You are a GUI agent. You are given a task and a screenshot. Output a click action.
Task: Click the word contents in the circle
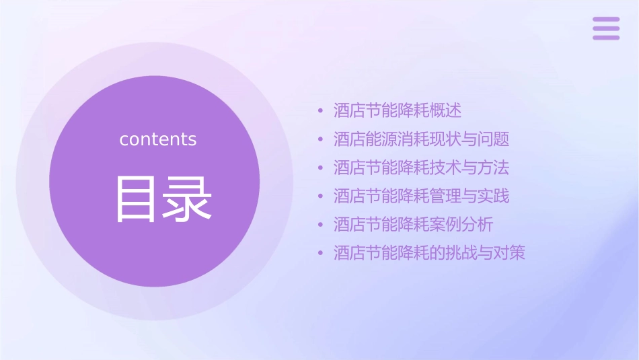point(158,139)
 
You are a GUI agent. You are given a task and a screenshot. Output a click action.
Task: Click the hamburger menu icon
point(606,28)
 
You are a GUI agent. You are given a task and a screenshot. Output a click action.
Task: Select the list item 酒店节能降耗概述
point(398,110)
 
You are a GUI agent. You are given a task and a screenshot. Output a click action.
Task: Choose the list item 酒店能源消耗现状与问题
point(421,139)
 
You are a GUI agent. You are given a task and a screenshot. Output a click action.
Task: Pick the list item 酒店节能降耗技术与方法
point(421,168)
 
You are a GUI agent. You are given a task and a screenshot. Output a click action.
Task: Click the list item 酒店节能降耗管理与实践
point(421,196)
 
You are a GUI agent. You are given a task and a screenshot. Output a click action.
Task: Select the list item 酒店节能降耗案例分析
point(414,224)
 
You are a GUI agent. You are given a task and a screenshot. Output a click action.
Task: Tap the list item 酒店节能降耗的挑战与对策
point(429,253)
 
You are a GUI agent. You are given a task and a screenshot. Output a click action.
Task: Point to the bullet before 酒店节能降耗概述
point(321,111)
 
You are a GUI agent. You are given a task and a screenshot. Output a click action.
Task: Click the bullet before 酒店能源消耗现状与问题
point(321,140)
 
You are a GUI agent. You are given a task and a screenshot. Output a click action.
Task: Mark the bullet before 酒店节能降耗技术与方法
point(321,168)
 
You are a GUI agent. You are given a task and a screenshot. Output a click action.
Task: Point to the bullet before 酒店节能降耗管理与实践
point(321,196)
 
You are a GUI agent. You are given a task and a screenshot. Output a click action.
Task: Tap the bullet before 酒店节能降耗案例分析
point(321,225)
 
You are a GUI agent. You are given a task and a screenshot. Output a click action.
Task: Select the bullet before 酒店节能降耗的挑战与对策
point(321,254)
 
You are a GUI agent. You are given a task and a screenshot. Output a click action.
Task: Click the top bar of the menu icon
point(606,20)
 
